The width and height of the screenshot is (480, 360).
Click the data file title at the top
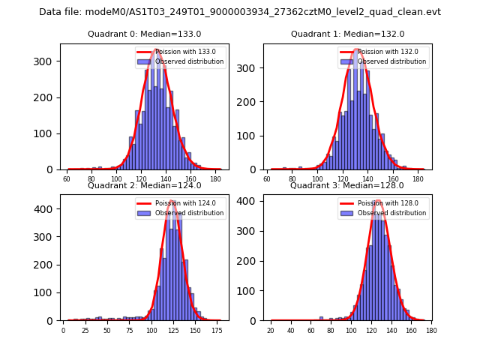click(x=240, y=12)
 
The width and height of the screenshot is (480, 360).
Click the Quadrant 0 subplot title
click(x=144, y=34)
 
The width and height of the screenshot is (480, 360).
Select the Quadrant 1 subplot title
click(x=347, y=34)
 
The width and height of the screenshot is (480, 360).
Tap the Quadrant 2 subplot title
click(x=144, y=185)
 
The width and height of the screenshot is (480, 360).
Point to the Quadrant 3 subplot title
click(x=347, y=185)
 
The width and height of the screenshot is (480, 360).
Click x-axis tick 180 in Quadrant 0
click(x=215, y=180)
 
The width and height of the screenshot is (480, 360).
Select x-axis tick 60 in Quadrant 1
click(x=268, y=180)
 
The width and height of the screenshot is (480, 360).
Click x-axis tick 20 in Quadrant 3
click(x=271, y=331)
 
